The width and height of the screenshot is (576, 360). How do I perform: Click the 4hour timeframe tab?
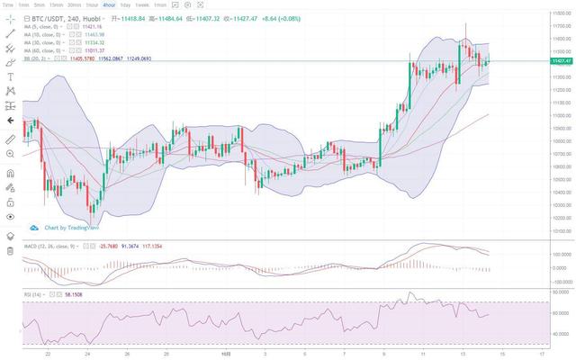109,4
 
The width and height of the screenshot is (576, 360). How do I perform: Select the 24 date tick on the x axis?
86,355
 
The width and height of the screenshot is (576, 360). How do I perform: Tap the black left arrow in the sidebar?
10,120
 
